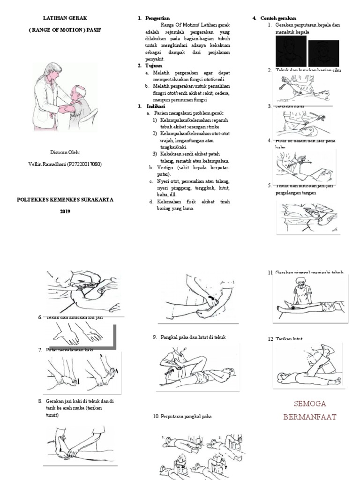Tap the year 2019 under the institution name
point(65,211)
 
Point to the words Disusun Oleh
point(65,152)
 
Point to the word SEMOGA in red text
point(310,404)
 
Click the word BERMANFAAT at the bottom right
point(310,416)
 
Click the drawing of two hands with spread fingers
point(77,334)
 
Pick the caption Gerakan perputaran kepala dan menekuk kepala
point(304,28)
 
